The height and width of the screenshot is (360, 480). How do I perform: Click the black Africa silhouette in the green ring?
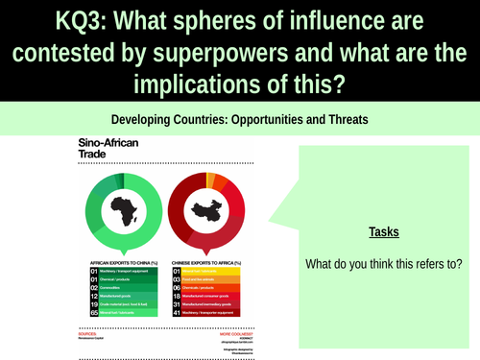(122, 209)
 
